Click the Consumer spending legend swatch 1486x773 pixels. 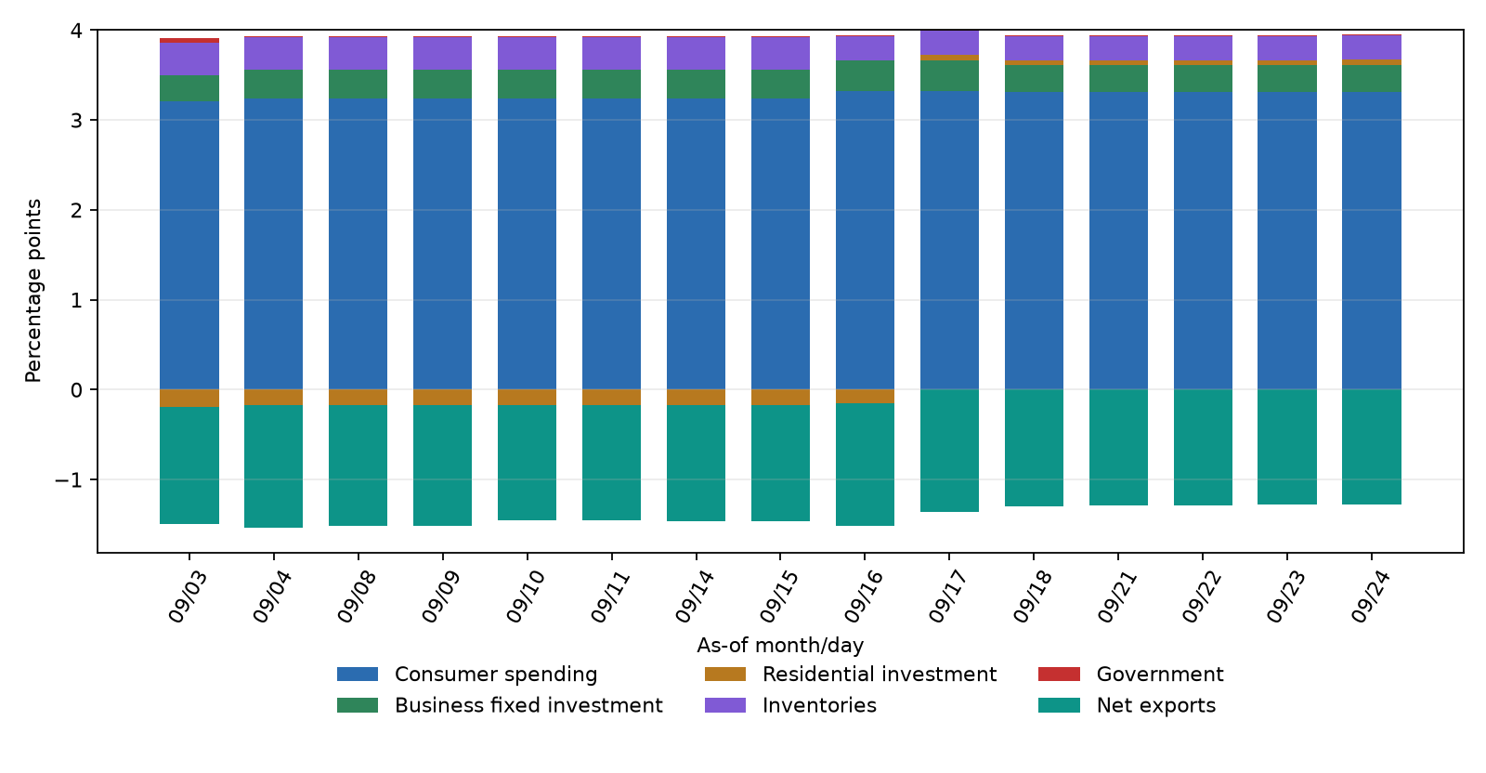(x=358, y=675)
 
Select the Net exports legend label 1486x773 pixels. (x=1155, y=705)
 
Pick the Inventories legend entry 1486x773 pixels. (x=790, y=705)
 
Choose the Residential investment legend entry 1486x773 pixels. (x=851, y=675)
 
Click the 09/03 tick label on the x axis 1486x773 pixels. (x=188, y=596)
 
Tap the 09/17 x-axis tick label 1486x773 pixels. (x=948, y=596)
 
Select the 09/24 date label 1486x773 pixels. (x=1371, y=596)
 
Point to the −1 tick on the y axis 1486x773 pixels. (x=69, y=479)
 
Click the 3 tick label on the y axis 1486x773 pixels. (x=77, y=121)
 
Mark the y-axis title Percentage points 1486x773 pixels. (x=33, y=291)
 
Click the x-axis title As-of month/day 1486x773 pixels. (x=780, y=645)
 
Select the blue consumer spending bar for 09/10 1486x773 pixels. (x=528, y=244)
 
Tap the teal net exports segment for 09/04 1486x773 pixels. (x=273, y=466)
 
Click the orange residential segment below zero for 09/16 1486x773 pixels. (x=865, y=396)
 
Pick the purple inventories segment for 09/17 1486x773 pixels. (x=949, y=43)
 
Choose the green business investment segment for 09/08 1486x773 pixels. (x=358, y=85)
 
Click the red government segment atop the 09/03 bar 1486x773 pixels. (x=189, y=41)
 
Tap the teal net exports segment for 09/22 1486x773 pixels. (x=1204, y=447)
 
